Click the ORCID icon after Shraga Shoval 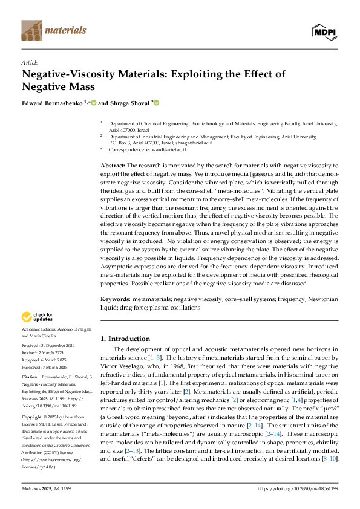coord(156,103)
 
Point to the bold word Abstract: coord(113,165)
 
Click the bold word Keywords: coord(115,299)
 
